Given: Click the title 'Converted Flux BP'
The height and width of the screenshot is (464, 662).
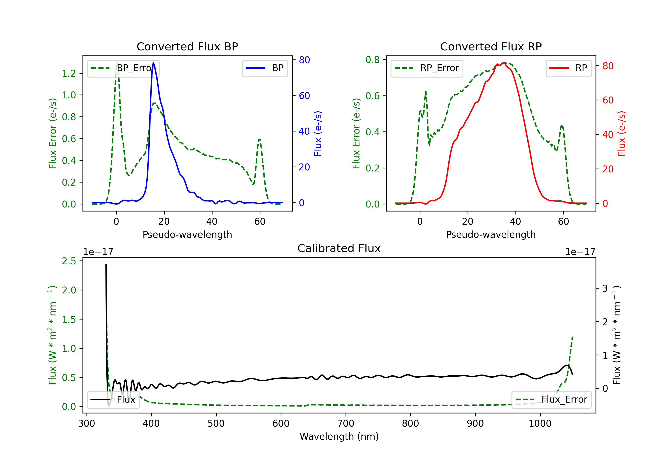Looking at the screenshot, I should tap(187, 46).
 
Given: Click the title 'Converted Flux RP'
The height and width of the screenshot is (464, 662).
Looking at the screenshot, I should tap(491, 46).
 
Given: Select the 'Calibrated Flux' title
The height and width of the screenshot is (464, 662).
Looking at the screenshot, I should tap(339, 248).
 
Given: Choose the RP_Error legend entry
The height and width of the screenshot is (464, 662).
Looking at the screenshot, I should tap(427, 68).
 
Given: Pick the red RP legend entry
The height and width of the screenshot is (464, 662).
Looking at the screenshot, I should tap(568, 68).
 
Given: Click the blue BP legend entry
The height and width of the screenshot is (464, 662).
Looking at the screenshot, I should tap(265, 68).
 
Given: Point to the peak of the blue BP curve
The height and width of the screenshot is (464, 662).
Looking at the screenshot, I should tap(153, 63).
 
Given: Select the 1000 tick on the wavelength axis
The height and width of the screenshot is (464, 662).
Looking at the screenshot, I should tap(540, 424).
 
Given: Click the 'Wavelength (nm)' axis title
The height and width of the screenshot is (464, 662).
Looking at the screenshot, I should tap(339, 437).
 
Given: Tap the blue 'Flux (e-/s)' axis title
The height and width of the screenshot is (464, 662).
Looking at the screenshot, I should tap(318, 133).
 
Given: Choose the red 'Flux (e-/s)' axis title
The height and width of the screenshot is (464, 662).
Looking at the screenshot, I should tap(621, 133).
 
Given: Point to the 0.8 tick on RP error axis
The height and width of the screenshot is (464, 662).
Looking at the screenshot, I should tap(372, 60).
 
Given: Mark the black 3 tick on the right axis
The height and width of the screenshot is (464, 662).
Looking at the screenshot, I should tap(605, 288).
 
